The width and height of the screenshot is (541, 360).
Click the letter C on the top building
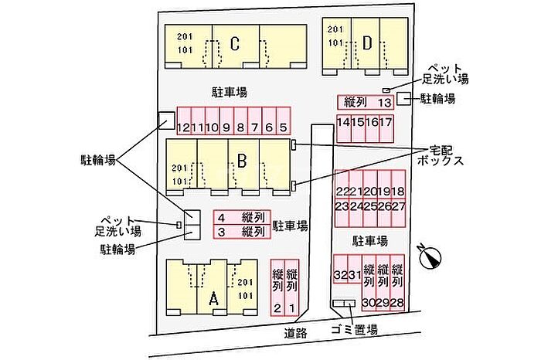pos(234,43)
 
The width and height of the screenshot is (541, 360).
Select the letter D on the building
pos(367,41)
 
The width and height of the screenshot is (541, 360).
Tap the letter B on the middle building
pos(242,161)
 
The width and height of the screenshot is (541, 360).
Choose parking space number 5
pos(283,127)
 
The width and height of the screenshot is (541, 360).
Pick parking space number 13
pos(385,102)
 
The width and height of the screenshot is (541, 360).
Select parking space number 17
pos(386,122)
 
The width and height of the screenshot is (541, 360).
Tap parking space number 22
pos(342,192)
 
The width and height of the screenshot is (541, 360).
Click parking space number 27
pos(399,206)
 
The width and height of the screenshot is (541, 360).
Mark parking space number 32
pos(340,276)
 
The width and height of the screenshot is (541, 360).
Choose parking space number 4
pos(221,217)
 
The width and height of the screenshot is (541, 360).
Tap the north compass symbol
pos(430,255)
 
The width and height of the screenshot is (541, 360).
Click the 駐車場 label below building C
pos(229,92)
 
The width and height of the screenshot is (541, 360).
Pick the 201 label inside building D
pos(335,29)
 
